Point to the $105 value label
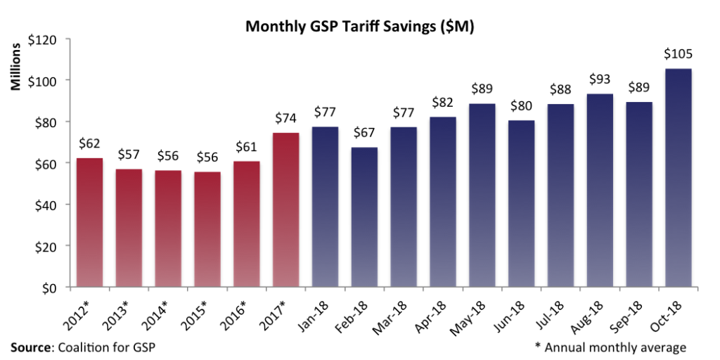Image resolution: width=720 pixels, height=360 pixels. coord(678,54)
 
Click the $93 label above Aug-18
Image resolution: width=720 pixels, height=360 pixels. coord(599,79)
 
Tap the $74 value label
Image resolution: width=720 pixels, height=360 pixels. coord(285,118)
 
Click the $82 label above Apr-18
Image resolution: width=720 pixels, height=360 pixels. coord(442,103)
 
